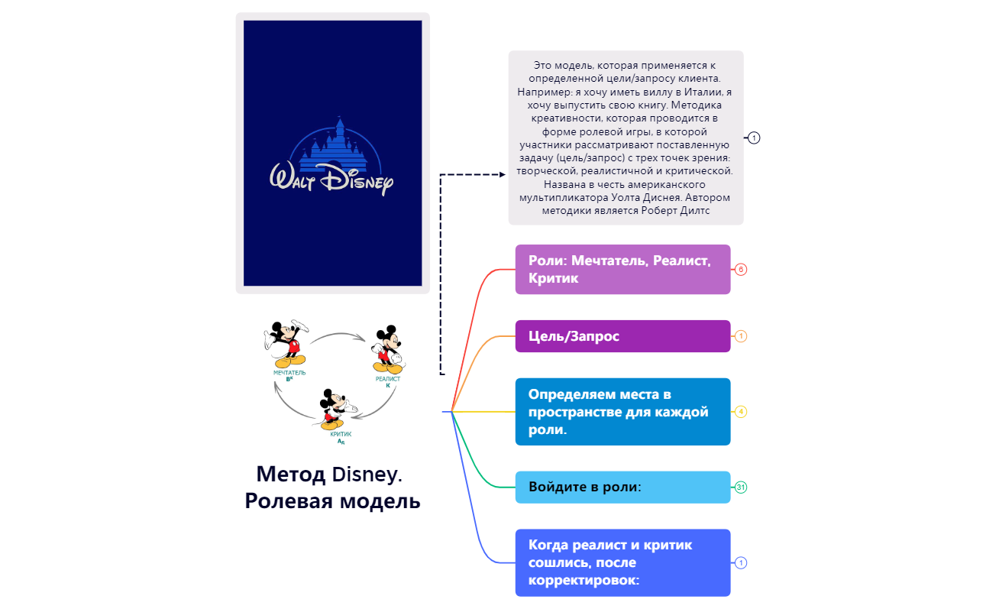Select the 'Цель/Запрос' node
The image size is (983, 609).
point(622,336)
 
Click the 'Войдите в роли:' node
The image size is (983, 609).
point(622,487)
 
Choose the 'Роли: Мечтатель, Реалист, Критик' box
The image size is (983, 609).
point(622,269)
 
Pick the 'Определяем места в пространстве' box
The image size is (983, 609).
point(622,411)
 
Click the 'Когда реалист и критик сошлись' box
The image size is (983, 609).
point(622,562)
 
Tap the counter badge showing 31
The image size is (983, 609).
point(740,487)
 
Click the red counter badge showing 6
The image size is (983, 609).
point(740,269)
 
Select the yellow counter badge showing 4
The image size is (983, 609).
point(740,411)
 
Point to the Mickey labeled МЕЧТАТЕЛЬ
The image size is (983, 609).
point(286,343)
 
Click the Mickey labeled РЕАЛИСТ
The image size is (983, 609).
point(387,349)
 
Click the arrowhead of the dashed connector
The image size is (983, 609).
point(502,174)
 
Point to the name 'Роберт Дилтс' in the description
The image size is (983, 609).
point(677,210)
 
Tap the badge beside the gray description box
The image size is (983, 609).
point(754,138)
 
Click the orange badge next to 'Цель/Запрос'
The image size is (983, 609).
point(740,336)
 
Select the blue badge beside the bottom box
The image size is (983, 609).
point(740,562)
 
